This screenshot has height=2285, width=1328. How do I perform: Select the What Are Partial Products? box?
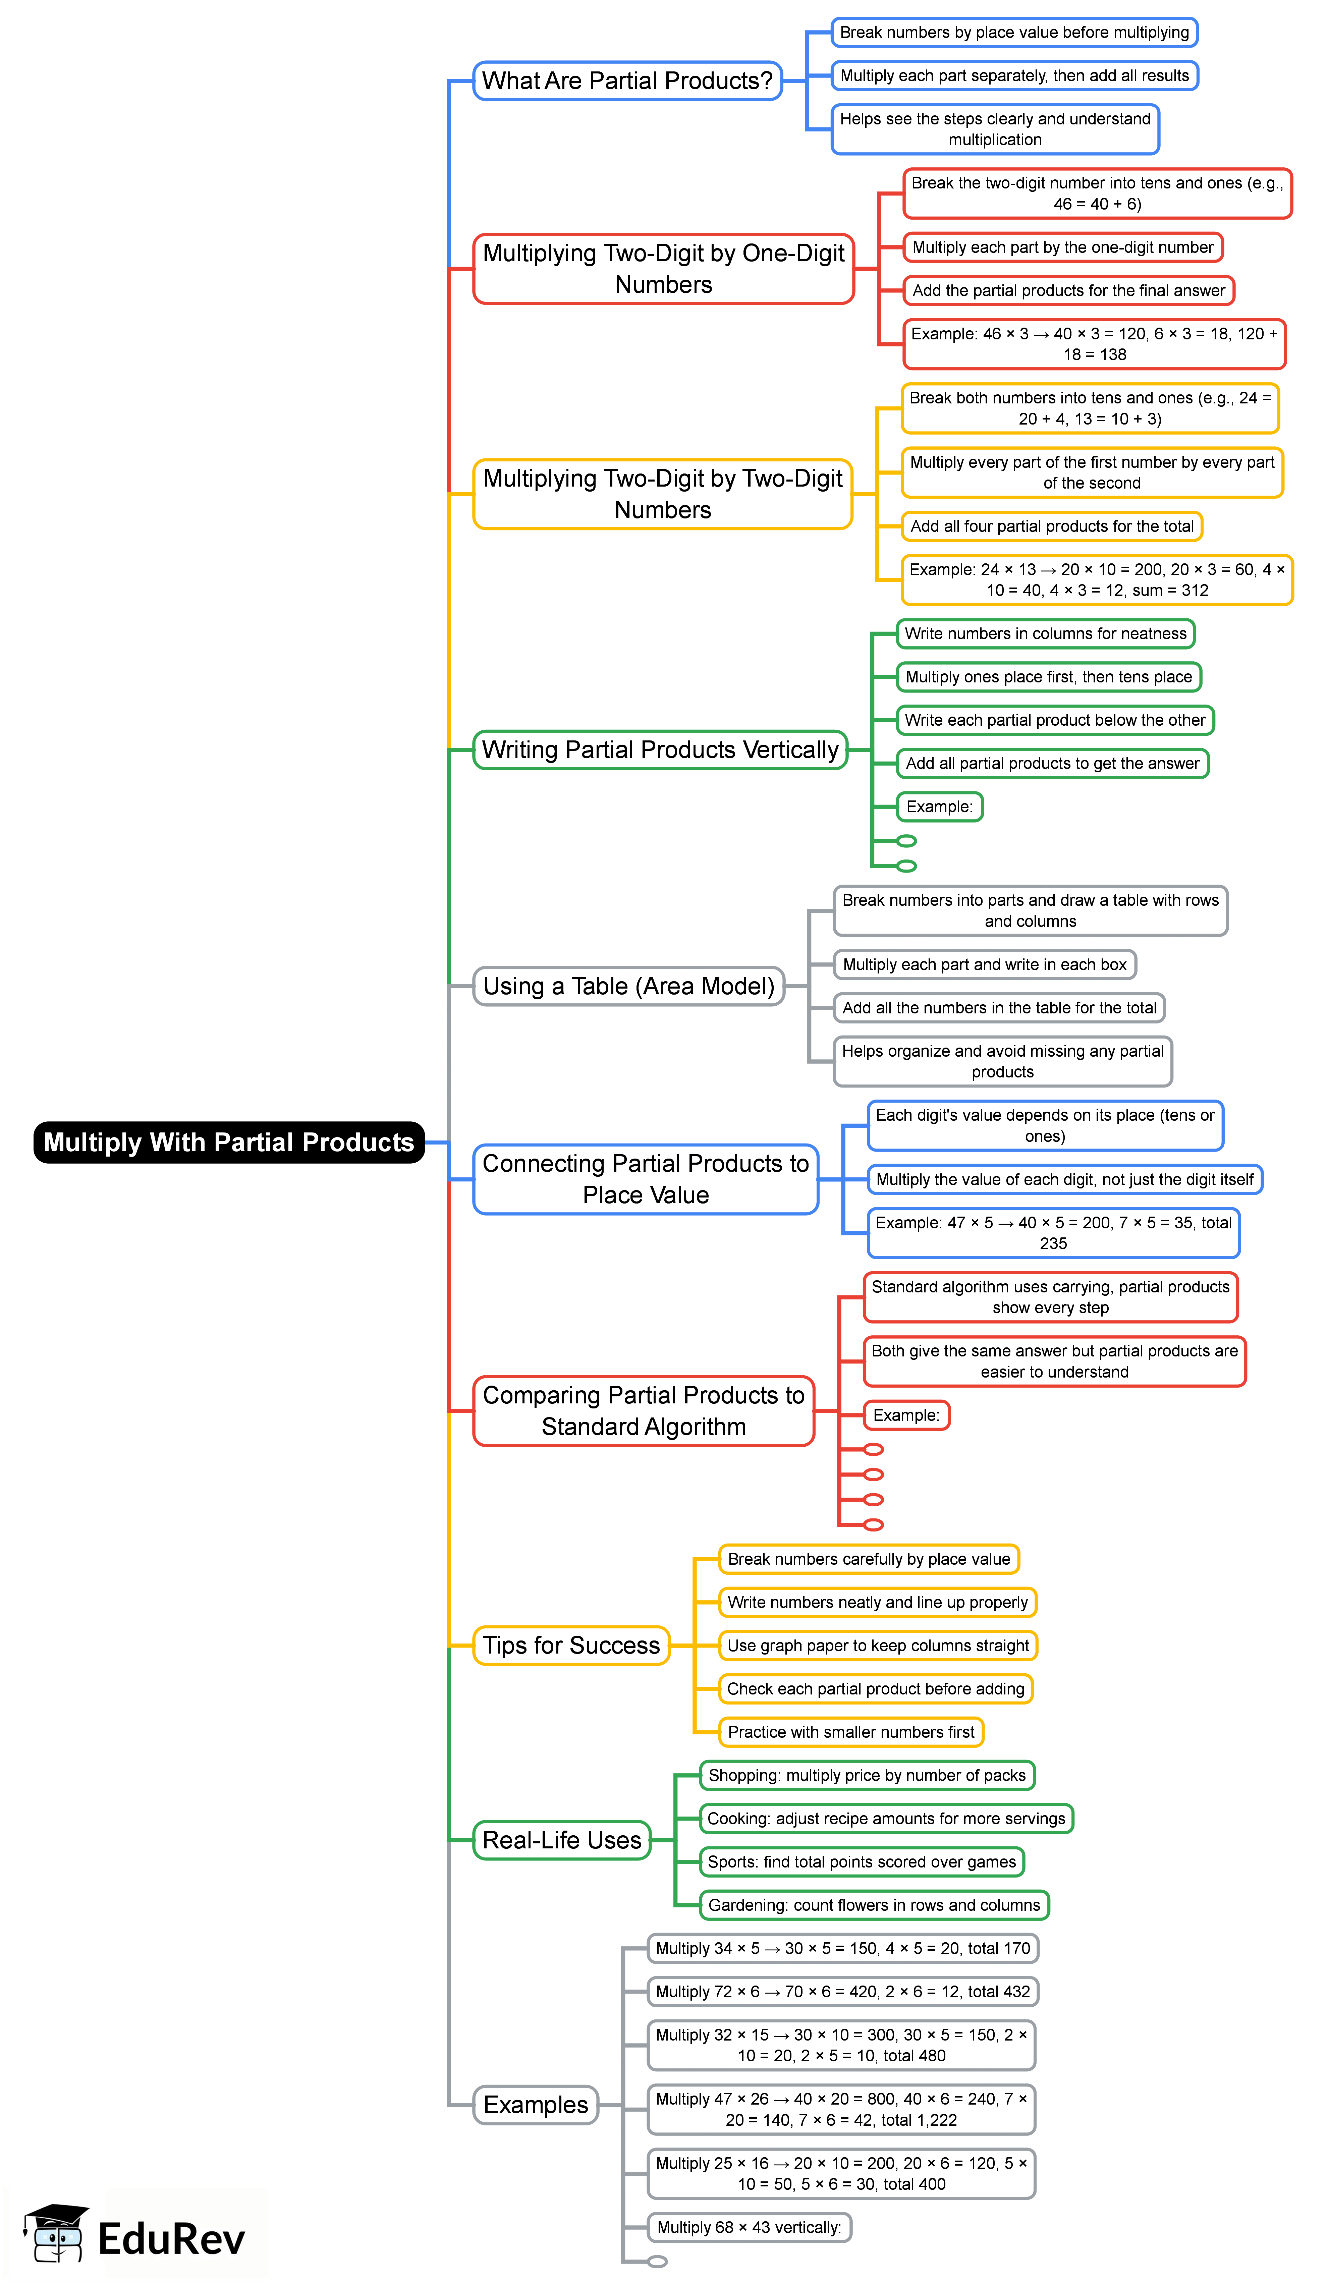pos(627,81)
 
